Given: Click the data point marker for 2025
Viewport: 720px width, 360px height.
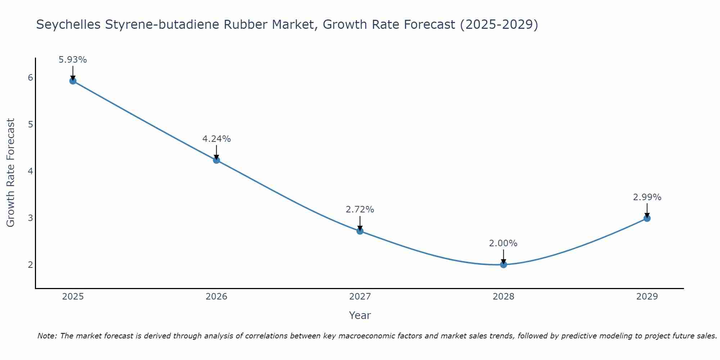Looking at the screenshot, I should click(73, 81).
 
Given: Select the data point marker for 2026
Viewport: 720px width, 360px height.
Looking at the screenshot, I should click(216, 160).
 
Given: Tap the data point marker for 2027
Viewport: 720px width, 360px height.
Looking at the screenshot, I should click(360, 231).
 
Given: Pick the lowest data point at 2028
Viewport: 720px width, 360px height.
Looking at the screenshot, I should click(503, 265).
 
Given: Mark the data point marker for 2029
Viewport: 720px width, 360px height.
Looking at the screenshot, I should click(647, 218).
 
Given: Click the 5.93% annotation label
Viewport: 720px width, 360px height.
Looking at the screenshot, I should click(73, 60).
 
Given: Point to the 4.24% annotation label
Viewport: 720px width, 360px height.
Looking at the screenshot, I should click(216, 139).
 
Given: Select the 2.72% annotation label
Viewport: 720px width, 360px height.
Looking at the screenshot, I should click(360, 210).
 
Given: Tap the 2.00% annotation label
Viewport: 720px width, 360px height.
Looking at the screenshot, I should click(503, 243).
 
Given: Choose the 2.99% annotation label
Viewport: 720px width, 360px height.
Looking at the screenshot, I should click(647, 197).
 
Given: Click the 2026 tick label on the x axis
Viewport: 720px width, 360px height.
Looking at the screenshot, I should click(216, 297).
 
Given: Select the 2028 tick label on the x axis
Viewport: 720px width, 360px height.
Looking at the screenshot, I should click(503, 297).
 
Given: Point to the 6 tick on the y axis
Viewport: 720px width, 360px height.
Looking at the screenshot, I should click(30, 78).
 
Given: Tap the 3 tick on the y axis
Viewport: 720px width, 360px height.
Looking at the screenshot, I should click(30, 218).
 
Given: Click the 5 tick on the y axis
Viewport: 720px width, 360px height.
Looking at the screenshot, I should click(30, 125).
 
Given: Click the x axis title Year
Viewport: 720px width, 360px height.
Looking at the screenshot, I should click(360, 315).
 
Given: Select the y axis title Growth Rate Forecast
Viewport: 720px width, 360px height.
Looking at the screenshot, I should click(11, 173).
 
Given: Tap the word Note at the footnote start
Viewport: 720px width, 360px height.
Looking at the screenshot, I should click(47, 336).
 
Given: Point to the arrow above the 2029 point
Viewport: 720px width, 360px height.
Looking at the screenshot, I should click(647, 210).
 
